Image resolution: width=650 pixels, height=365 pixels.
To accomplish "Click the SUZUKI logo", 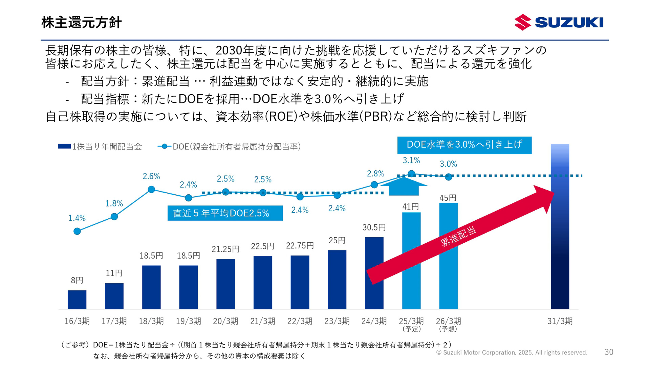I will click(x=559, y=22).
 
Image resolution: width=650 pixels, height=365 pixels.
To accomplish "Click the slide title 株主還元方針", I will click(x=81, y=22).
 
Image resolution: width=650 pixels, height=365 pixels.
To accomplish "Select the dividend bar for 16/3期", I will click(x=77, y=299).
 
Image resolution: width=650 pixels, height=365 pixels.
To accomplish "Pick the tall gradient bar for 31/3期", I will click(x=560, y=226).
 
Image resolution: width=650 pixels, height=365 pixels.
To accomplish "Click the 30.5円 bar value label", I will click(x=374, y=227).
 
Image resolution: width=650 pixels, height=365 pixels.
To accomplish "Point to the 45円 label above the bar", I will click(x=448, y=198).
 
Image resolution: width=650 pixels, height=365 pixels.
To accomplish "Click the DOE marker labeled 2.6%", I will click(x=151, y=190).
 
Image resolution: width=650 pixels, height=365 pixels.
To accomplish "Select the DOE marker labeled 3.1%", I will click(x=411, y=174).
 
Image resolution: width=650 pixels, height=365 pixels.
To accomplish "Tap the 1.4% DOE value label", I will click(x=77, y=218).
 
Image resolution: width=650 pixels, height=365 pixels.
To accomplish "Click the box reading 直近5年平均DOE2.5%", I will click(x=225, y=213).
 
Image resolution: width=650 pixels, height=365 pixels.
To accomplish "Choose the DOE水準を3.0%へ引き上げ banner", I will click(x=464, y=145).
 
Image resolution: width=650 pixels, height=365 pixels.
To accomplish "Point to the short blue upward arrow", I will click(x=404, y=187).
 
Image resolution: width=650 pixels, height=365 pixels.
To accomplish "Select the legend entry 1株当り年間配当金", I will click(x=100, y=147).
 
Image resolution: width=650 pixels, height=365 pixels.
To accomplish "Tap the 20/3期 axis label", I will click(x=225, y=321).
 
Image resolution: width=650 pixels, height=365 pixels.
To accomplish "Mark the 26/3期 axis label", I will click(x=448, y=321).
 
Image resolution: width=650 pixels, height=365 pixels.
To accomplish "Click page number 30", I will click(x=609, y=352).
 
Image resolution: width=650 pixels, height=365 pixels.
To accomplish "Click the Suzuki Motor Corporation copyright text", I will click(x=512, y=352).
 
